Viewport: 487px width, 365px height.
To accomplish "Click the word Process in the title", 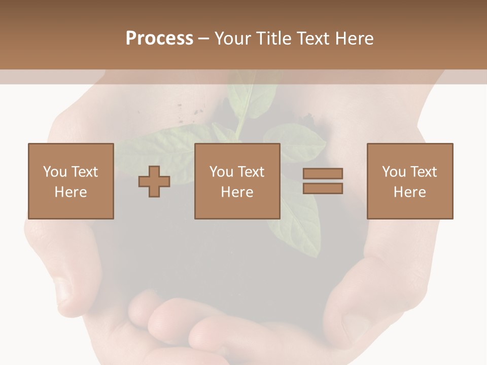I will click(x=159, y=39).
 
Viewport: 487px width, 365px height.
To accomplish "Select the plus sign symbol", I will click(x=154, y=181).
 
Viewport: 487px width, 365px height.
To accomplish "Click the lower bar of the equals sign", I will click(x=323, y=189).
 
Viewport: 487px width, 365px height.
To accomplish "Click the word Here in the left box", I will click(x=71, y=192).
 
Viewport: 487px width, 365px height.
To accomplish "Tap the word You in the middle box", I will click(x=221, y=172).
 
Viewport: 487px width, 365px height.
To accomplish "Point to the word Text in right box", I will click(x=424, y=172).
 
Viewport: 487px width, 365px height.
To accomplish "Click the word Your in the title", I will click(x=234, y=39).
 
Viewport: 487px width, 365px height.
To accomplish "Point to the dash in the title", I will click(x=203, y=39).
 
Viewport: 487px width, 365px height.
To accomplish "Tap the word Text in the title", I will click(x=312, y=39).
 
